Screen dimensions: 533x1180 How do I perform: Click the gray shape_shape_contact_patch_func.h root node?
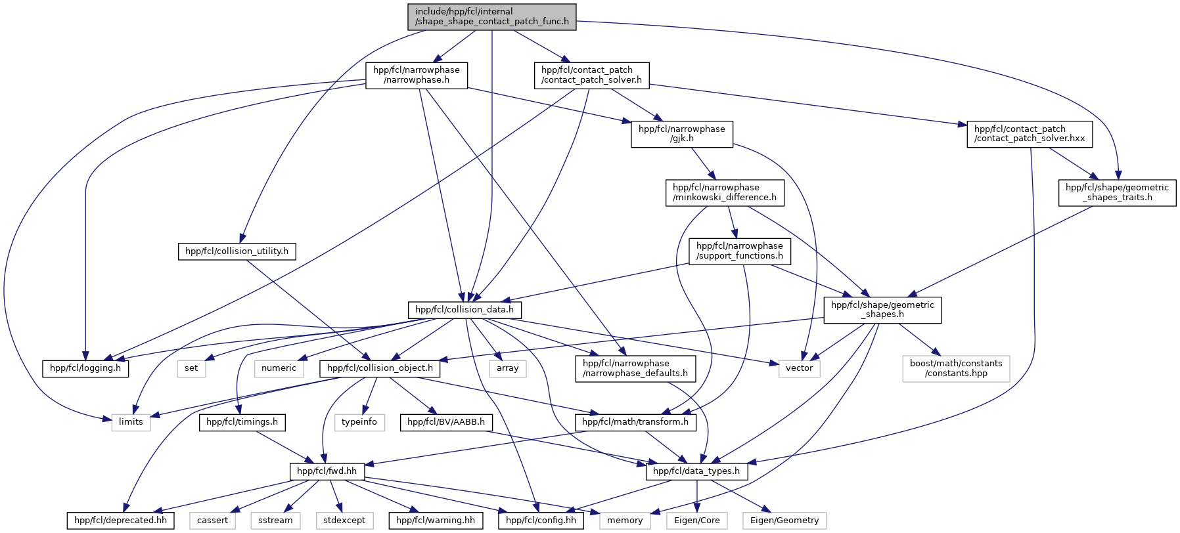pos(491,16)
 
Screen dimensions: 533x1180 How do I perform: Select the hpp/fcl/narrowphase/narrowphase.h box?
pos(417,75)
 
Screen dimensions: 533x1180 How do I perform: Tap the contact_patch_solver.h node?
pos(591,75)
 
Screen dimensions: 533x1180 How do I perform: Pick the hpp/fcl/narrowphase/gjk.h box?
pos(682,134)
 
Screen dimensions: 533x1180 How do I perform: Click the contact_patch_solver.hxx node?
pos(1030,134)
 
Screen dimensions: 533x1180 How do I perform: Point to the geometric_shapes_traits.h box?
pos(1117,192)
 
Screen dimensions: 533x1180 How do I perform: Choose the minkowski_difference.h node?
pos(725,192)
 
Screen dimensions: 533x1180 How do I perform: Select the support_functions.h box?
pos(740,251)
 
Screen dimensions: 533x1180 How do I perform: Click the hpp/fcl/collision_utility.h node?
pos(237,251)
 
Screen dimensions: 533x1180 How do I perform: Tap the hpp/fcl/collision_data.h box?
pos(465,309)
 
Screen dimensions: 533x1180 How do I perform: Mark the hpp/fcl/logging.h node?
pos(85,368)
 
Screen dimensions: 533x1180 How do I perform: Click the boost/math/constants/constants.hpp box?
pos(956,368)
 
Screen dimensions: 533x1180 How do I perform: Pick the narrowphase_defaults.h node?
pos(635,368)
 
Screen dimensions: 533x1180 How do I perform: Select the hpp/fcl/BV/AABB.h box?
pos(446,422)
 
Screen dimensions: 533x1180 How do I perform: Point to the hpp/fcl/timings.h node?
pos(242,422)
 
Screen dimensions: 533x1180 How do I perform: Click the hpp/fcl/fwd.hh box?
pos(327,471)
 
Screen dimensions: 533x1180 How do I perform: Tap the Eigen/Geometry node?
pos(784,521)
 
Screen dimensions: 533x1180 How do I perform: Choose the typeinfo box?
pos(359,422)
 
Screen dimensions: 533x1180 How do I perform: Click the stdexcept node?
pos(344,521)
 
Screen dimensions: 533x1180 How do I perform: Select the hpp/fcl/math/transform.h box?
pos(635,422)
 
